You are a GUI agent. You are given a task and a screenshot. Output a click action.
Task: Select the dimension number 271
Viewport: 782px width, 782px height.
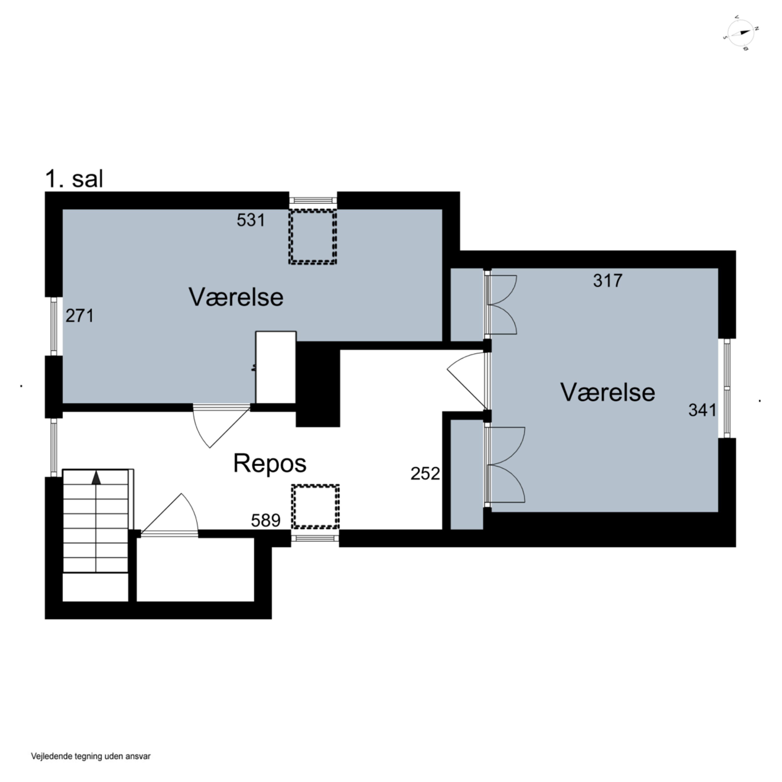[x=80, y=316]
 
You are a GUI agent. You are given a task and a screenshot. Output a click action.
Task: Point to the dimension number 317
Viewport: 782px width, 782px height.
[x=608, y=280]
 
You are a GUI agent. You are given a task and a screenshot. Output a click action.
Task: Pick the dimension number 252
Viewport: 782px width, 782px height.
[x=425, y=474]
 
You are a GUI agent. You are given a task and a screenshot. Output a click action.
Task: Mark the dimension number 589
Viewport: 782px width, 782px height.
[x=266, y=521]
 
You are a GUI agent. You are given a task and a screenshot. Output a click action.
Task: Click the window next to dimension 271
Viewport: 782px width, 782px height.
[x=54, y=326]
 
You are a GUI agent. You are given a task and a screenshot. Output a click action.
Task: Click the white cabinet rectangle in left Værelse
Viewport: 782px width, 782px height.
[x=276, y=367]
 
